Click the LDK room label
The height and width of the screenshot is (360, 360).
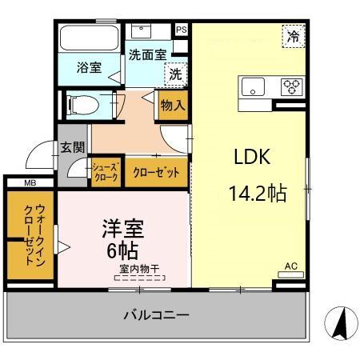click(251, 158)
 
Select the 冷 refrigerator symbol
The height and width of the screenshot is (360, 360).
click(294, 36)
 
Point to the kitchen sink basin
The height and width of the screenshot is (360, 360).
click(253, 86)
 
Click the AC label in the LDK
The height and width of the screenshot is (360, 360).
click(291, 265)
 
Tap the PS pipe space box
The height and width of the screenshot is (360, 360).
click(181, 30)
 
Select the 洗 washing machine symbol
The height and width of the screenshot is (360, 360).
click(174, 73)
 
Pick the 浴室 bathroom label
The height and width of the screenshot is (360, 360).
click(88, 67)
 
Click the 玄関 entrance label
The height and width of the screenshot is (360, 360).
click(72, 146)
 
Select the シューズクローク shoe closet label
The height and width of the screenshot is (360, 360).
click(105, 172)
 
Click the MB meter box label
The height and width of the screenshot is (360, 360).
click(30, 183)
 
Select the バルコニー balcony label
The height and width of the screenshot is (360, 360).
click(156, 315)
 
